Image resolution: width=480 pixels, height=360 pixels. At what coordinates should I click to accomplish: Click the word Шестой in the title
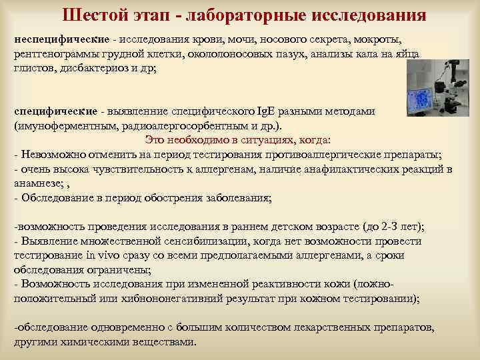pyautogui.click(x=93, y=15)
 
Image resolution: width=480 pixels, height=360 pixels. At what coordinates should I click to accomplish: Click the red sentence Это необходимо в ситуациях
pyautogui.click(x=238, y=140)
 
